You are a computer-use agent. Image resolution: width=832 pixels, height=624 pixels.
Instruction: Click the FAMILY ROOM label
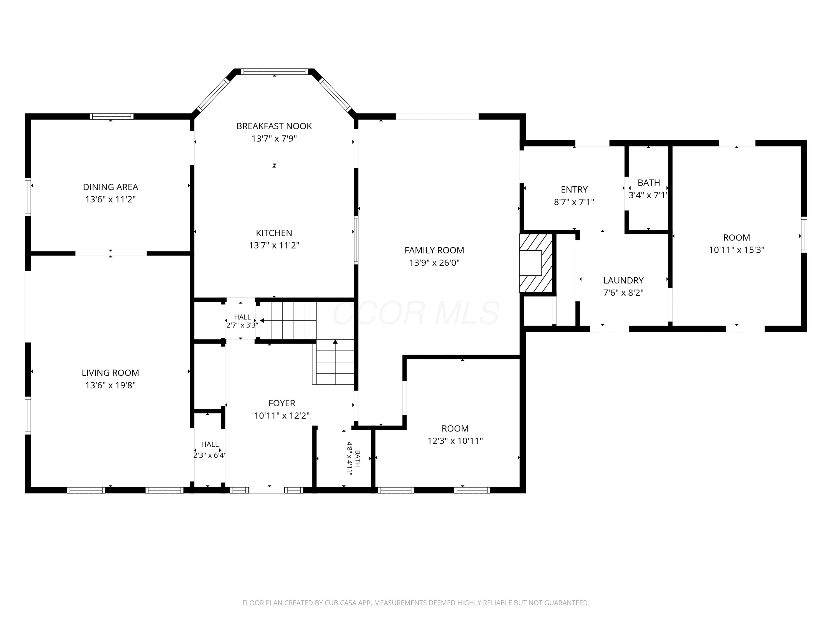[x=434, y=250]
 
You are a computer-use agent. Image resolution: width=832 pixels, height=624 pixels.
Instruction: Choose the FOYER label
[x=282, y=403]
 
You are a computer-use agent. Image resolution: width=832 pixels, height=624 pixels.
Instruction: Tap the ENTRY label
[x=574, y=190]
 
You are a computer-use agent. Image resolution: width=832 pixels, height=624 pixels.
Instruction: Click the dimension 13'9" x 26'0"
[x=434, y=263]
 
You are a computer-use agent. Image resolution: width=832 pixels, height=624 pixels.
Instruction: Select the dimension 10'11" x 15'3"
[x=737, y=250]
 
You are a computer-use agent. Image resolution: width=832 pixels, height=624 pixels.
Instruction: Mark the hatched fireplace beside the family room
[x=536, y=263]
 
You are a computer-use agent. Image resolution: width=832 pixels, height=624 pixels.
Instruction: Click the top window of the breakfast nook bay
[x=274, y=72]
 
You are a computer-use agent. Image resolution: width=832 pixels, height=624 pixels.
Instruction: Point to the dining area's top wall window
[x=111, y=116]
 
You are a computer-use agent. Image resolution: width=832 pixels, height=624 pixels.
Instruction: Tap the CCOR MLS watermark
[x=416, y=313]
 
